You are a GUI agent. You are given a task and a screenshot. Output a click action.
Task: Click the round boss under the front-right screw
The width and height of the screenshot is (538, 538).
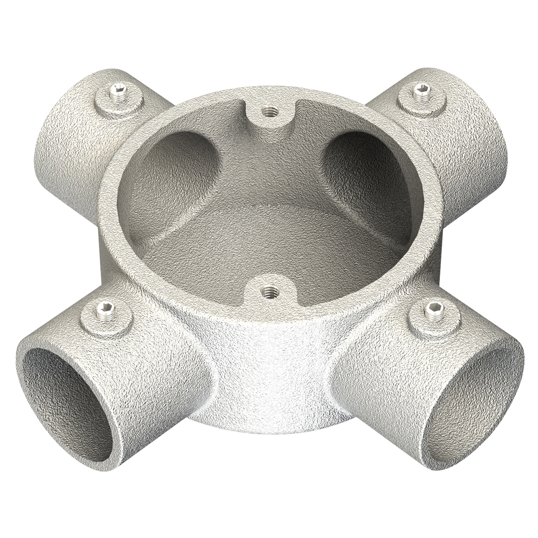(430, 321)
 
